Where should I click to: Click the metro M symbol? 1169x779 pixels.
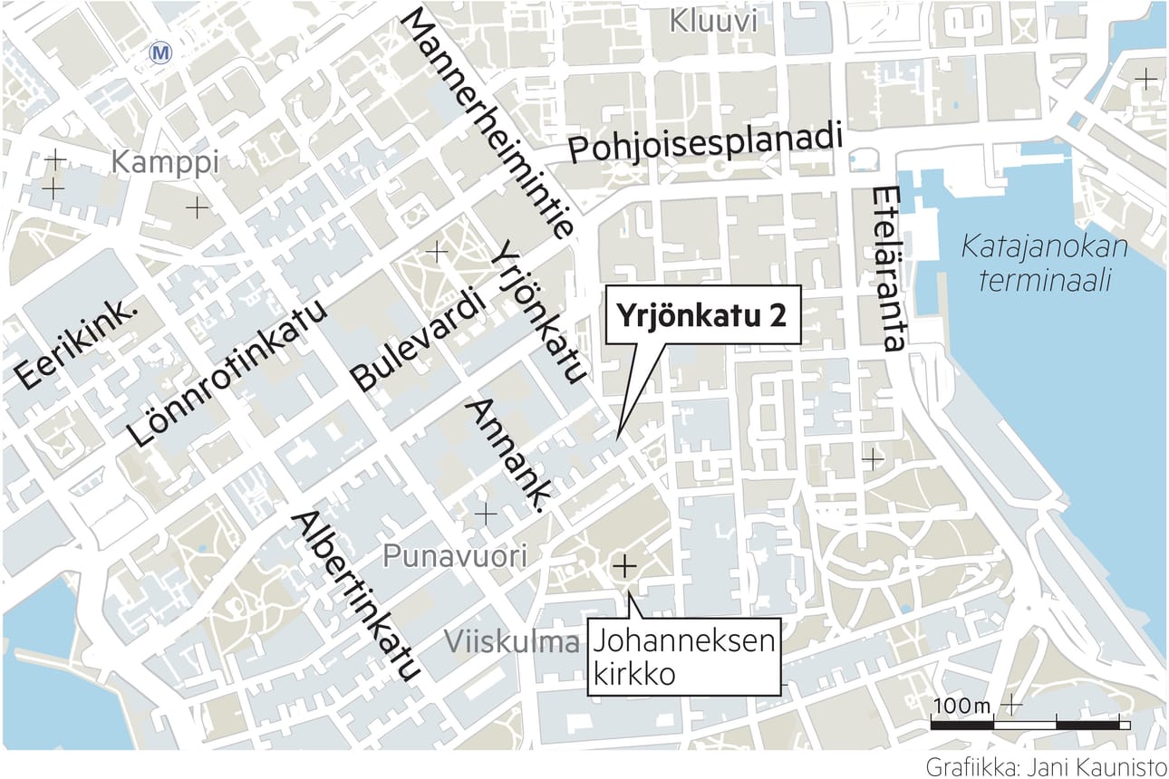click(162, 53)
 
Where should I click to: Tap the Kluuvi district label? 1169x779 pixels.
click(712, 21)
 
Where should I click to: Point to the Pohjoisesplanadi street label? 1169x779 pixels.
click(705, 143)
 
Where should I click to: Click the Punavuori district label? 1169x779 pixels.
click(453, 556)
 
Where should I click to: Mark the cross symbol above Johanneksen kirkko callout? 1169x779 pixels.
click(623, 566)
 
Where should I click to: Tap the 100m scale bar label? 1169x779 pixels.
click(961, 705)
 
